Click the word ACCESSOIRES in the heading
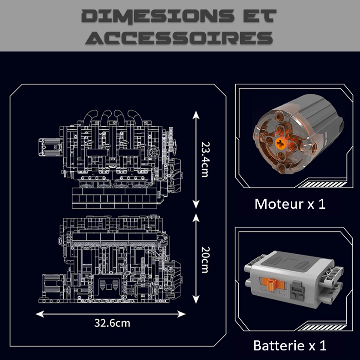pos(180,38)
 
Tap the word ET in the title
pos(257,16)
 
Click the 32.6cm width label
pos(112,323)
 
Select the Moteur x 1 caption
pos(290,204)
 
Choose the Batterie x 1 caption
pos(290,345)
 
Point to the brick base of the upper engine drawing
pos(114,197)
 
